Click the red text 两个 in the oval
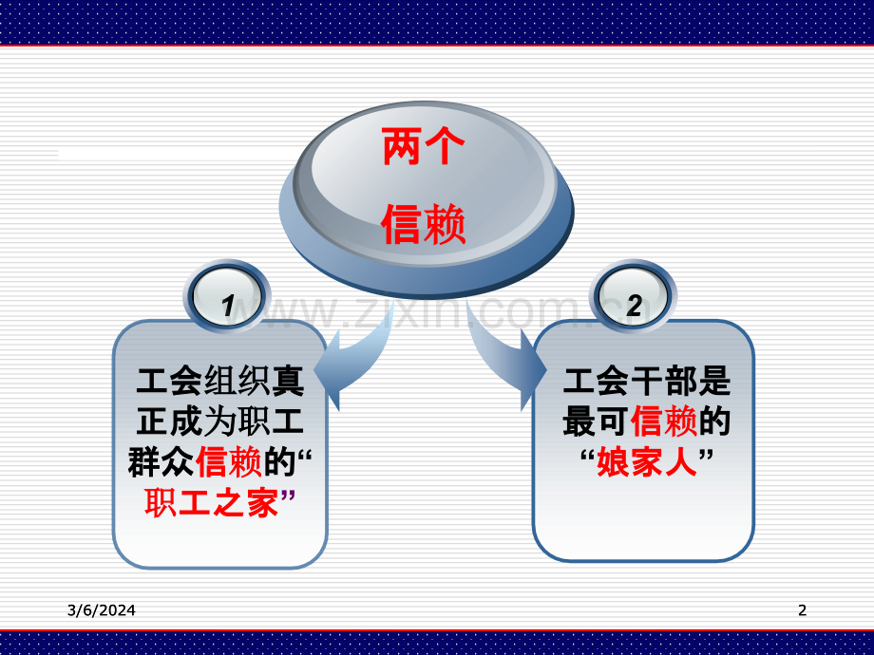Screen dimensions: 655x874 click(423, 148)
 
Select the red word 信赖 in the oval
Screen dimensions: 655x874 click(423, 227)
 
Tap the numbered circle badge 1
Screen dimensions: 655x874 click(227, 305)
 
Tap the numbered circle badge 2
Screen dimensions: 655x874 click(634, 305)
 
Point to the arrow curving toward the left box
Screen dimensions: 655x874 click(356, 365)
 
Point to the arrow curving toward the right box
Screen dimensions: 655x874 click(502, 365)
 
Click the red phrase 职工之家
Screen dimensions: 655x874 click(212, 502)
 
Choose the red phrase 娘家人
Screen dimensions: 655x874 click(646, 462)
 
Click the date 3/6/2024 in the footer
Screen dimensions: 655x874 click(102, 610)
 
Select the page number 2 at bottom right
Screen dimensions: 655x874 click(802, 610)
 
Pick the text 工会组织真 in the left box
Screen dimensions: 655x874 click(220, 382)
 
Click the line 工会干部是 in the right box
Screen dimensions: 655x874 click(647, 382)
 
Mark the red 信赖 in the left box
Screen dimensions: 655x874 click(228, 462)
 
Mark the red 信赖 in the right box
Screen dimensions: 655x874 click(663, 421)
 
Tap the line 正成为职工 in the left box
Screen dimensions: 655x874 click(220, 421)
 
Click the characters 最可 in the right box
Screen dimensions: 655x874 click(596, 421)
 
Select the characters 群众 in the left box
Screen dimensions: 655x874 click(161, 462)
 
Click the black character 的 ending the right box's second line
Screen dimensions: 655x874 click(714, 421)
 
